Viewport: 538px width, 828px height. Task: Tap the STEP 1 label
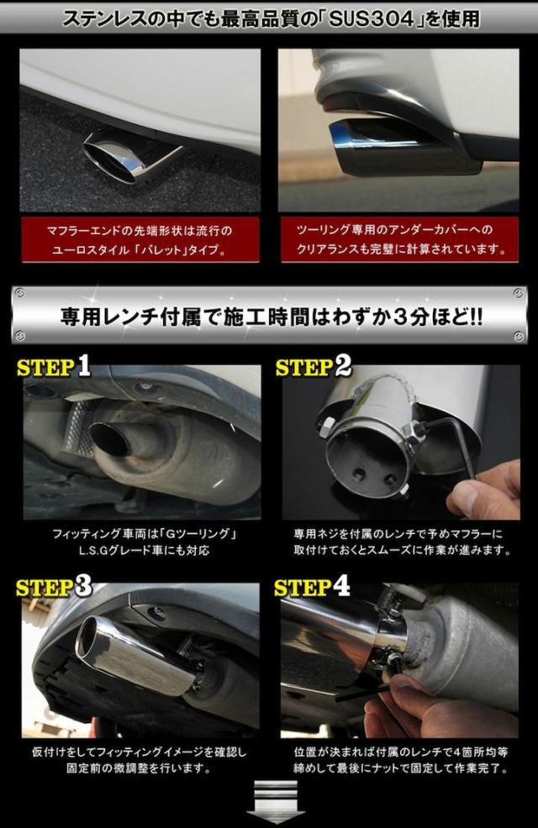(53, 366)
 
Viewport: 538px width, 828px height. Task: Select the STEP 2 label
(314, 366)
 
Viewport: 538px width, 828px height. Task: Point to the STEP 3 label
(53, 586)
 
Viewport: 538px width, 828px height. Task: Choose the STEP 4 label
(312, 586)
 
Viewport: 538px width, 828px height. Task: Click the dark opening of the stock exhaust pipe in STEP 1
(109, 439)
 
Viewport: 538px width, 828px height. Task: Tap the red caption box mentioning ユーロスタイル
(140, 239)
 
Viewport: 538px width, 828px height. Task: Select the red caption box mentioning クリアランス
(399, 239)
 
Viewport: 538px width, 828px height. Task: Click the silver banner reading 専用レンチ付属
(269, 316)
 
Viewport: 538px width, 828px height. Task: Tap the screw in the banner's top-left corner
(19, 293)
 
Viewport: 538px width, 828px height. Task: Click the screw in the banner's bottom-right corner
(519, 336)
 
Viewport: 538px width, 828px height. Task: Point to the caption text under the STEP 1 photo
(144, 542)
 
